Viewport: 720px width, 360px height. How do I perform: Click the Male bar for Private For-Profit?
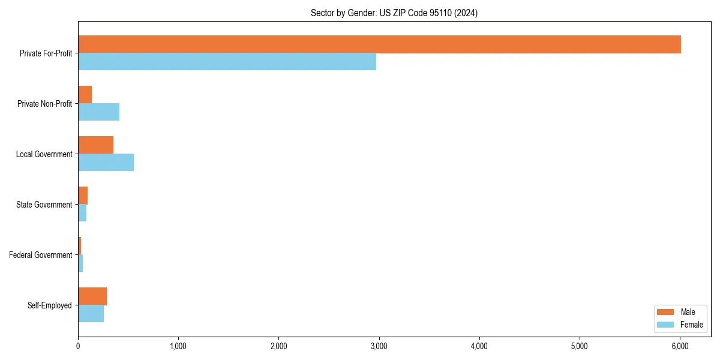click(379, 44)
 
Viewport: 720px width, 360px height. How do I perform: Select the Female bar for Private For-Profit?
click(227, 62)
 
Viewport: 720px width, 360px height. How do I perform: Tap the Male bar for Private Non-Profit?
click(85, 95)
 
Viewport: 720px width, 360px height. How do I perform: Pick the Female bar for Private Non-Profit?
click(98, 112)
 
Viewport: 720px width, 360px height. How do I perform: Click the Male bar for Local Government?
click(95, 145)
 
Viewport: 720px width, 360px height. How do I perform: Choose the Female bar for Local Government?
click(106, 163)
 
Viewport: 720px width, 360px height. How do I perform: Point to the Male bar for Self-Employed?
click(92, 296)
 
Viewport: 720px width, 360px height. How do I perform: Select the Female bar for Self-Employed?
click(91, 314)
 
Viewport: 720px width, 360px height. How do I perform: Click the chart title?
click(394, 13)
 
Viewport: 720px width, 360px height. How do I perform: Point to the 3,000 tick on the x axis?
click(379, 346)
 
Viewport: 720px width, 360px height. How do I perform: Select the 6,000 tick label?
click(680, 346)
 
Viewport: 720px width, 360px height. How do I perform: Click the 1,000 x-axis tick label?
click(178, 346)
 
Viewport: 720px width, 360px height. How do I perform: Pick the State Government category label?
click(44, 205)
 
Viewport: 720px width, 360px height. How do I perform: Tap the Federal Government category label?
click(40, 255)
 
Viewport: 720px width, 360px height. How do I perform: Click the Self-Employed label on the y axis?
click(49, 305)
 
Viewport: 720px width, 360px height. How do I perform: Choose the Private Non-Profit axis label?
click(44, 104)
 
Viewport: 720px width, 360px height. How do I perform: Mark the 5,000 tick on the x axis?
click(580, 346)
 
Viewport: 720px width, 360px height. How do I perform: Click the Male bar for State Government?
click(83, 196)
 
